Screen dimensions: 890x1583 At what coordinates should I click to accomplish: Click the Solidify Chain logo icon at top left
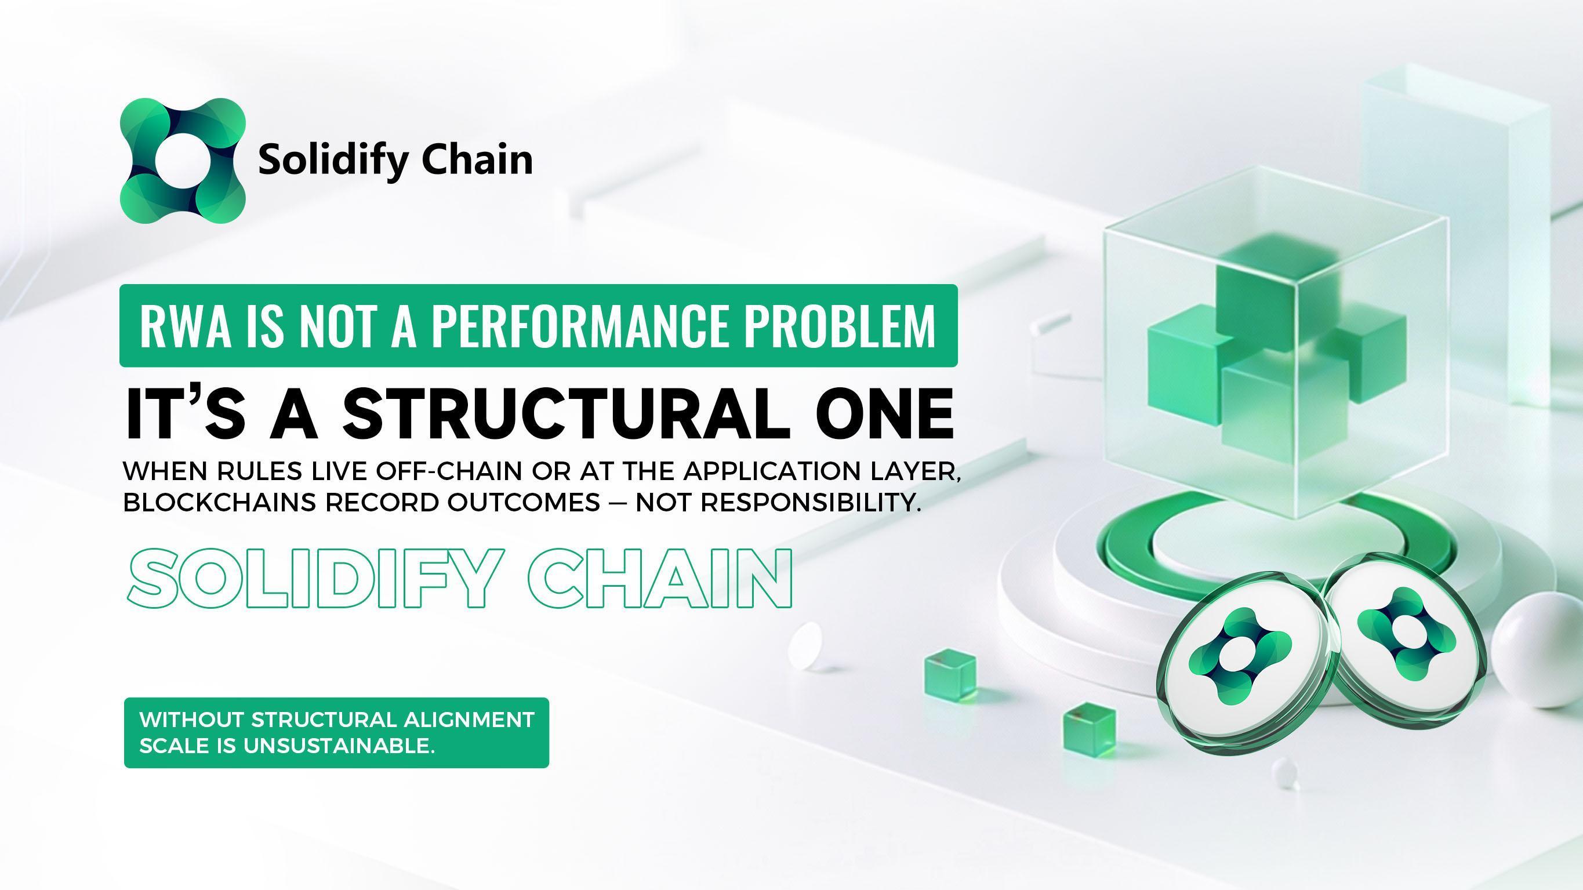(183, 160)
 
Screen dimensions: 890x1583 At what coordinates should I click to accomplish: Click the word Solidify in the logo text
(333, 160)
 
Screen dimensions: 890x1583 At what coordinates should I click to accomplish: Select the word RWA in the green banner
(185, 326)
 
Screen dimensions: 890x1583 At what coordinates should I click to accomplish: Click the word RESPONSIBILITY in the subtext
(811, 503)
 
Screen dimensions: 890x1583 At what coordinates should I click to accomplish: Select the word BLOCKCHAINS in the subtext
(219, 503)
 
